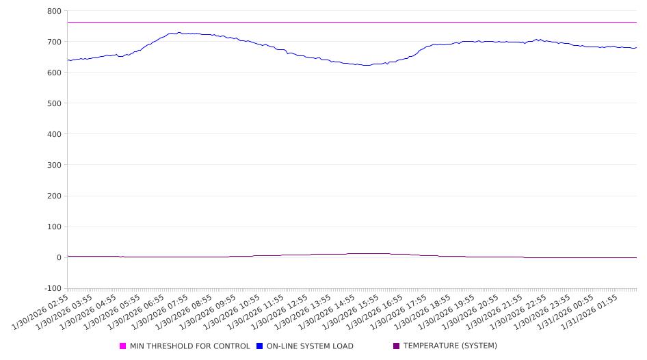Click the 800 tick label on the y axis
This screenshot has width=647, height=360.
click(x=54, y=11)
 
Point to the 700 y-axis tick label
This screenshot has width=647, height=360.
click(x=54, y=42)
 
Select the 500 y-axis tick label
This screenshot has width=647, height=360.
click(x=54, y=103)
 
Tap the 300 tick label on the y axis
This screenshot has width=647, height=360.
click(x=54, y=165)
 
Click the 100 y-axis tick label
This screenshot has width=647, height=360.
click(x=54, y=227)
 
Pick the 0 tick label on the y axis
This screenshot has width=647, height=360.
click(x=59, y=257)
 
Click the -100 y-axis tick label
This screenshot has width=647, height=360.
click(x=52, y=288)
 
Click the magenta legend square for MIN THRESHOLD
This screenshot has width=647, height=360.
click(x=123, y=346)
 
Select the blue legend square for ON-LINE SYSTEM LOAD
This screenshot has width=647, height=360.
click(x=260, y=346)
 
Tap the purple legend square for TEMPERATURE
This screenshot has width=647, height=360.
click(x=397, y=346)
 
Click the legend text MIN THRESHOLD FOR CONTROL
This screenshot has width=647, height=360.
click(x=190, y=346)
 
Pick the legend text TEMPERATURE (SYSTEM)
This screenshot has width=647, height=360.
click(x=450, y=346)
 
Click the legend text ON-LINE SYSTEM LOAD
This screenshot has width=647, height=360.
click(x=310, y=346)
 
